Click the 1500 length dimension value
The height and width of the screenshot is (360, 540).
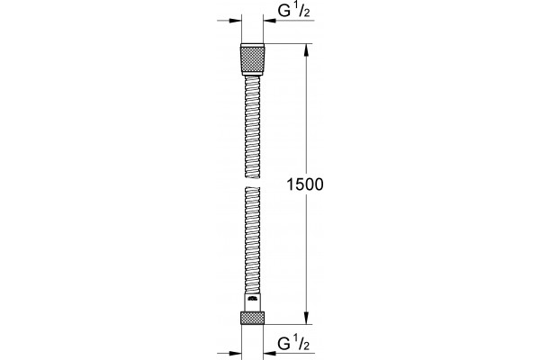(x=305, y=184)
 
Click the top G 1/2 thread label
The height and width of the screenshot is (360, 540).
(x=294, y=11)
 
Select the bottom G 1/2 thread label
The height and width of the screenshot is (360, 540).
(x=294, y=344)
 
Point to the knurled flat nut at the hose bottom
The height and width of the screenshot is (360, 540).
(x=252, y=318)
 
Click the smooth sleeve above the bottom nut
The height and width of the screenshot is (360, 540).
(x=252, y=302)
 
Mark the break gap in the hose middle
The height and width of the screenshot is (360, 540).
(x=252, y=183)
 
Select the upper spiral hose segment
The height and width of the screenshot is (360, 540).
(x=252, y=128)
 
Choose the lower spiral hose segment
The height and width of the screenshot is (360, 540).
(x=252, y=240)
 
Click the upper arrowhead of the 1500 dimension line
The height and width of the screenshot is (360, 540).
(x=306, y=50)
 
